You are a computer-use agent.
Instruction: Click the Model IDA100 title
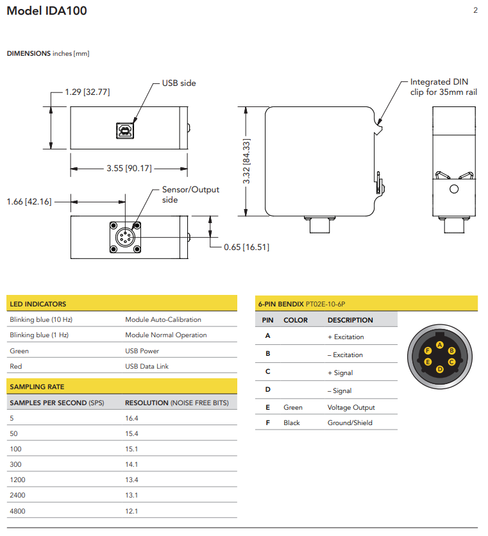point(47,11)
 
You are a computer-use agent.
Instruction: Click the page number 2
point(475,10)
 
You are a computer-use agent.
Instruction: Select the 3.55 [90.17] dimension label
point(129,169)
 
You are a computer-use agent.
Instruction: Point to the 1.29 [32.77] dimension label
point(87,92)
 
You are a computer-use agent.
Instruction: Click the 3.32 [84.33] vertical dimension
point(247,162)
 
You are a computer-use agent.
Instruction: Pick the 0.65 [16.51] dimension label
point(246,247)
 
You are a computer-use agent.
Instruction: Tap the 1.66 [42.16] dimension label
point(29,201)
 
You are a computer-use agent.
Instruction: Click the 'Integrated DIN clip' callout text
point(443,87)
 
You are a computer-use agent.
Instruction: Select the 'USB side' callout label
point(179,83)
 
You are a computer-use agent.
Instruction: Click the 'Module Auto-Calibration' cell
point(163,319)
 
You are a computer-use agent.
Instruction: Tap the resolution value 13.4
point(131,480)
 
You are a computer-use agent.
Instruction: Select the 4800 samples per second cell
point(17,511)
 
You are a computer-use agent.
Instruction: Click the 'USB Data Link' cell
point(147,366)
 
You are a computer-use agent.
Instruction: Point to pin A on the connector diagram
point(439,344)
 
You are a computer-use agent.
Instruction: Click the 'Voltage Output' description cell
point(351,407)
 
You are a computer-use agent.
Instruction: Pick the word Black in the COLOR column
point(292,423)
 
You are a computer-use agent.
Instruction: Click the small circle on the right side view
point(454,189)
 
